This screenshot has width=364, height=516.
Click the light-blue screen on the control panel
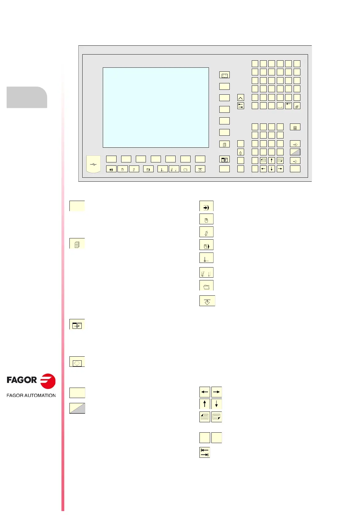[x=156, y=107]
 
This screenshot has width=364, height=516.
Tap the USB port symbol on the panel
[x=93, y=165]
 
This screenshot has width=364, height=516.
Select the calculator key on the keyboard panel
[x=295, y=127]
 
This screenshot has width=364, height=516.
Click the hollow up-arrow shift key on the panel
[x=241, y=152]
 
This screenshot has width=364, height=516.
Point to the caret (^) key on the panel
[x=241, y=98]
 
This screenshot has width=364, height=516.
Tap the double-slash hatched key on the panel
[x=297, y=106]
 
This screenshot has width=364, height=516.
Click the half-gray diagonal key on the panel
[x=295, y=152]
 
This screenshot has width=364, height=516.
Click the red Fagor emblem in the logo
[x=48, y=381]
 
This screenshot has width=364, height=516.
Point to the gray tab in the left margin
[x=27, y=97]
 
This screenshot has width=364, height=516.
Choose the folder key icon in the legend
[x=206, y=286]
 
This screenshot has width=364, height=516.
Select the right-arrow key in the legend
[x=217, y=392]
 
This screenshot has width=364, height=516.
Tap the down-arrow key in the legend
[x=217, y=404]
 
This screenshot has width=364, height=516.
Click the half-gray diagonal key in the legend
[x=77, y=408]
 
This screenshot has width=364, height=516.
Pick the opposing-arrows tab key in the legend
[x=205, y=452]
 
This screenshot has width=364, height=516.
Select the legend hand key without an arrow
[x=206, y=219]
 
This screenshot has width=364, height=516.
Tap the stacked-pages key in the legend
[x=77, y=244]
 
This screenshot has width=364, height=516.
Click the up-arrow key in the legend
[x=205, y=404]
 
